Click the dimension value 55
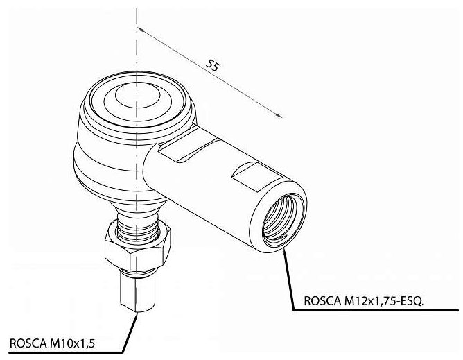[x=212, y=65]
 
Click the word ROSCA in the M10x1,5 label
[x=28, y=343]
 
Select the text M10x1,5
[x=72, y=343]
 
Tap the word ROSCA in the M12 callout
[x=322, y=301]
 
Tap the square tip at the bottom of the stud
[x=138, y=292]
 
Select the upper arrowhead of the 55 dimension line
[x=141, y=29]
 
